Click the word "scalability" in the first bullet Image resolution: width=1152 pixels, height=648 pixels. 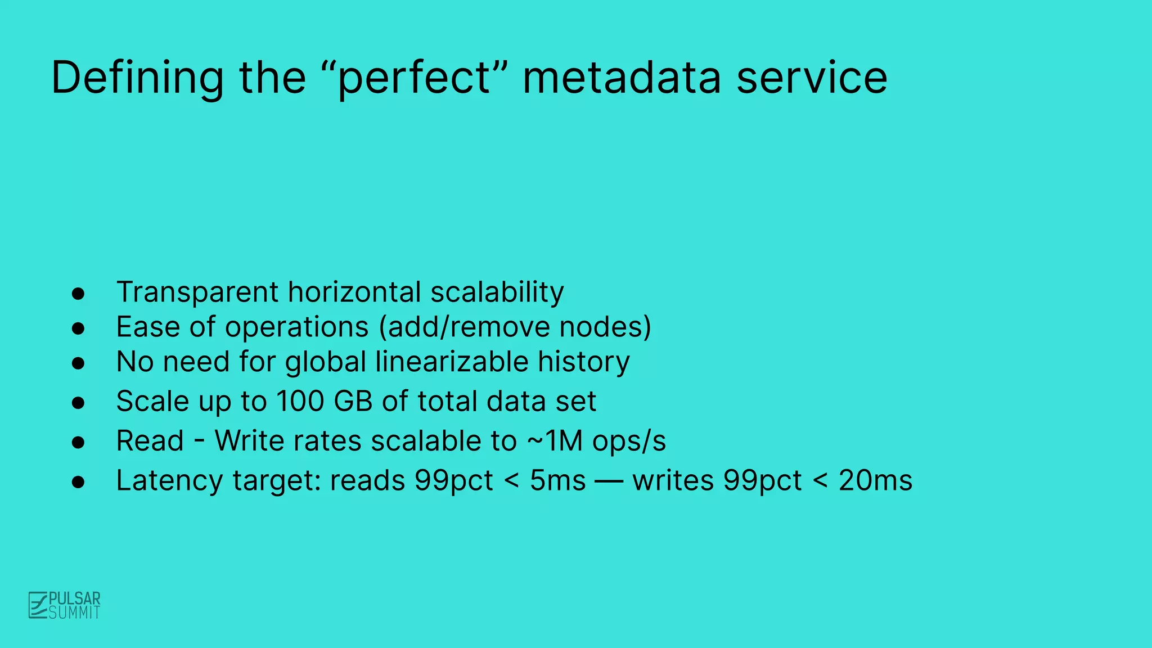497,292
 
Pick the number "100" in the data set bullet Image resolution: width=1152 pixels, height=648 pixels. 300,402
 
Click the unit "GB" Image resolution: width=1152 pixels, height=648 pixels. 353,402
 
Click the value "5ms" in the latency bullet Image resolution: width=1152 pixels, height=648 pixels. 557,481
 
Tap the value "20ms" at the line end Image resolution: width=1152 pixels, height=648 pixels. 875,481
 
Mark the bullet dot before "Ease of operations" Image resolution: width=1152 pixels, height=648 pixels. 78,328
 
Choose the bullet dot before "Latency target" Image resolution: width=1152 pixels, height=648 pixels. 78,482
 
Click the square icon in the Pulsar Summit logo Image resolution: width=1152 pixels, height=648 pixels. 38,605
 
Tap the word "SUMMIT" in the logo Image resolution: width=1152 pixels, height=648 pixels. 74,613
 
